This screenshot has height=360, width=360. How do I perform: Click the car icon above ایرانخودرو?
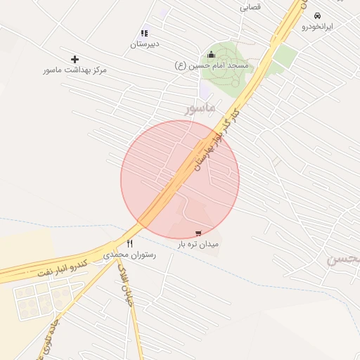point(317,15)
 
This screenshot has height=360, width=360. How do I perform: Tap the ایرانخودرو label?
point(318,27)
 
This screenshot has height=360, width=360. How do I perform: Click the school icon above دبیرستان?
point(145,32)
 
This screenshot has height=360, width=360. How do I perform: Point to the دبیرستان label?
point(145,44)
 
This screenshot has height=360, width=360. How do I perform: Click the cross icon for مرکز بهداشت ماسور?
point(75,59)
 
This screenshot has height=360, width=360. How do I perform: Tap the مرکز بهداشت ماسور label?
point(75,70)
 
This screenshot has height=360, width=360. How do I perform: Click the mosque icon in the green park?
point(211,55)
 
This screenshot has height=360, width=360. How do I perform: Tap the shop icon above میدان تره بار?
point(198,233)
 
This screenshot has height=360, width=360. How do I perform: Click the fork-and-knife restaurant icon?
point(129,243)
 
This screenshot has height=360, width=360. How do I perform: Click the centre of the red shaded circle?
point(180,179)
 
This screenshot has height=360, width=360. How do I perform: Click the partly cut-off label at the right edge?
point(345,259)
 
